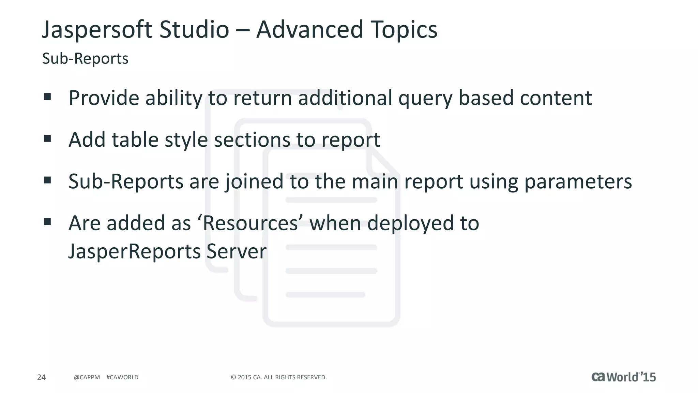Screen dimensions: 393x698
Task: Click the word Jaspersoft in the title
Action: (97, 30)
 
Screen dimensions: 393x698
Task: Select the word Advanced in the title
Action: (309, 29)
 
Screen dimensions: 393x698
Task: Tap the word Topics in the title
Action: (404, 30)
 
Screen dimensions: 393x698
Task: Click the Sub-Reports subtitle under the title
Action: (85, 59)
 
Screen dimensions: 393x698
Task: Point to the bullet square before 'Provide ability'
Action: (47, 97)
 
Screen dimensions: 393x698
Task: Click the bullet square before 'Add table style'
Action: (47, 139)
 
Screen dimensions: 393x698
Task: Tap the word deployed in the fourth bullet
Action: (410, 224)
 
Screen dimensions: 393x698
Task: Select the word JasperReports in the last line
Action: (134, 252)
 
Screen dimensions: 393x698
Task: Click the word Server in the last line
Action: (236, 251)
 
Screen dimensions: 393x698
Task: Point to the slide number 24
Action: (41, 377)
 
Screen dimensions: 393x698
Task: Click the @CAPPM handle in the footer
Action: (87, 377)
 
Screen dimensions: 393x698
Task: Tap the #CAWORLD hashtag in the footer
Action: (122, 377)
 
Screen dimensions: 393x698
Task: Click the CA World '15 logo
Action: (623, 377)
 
